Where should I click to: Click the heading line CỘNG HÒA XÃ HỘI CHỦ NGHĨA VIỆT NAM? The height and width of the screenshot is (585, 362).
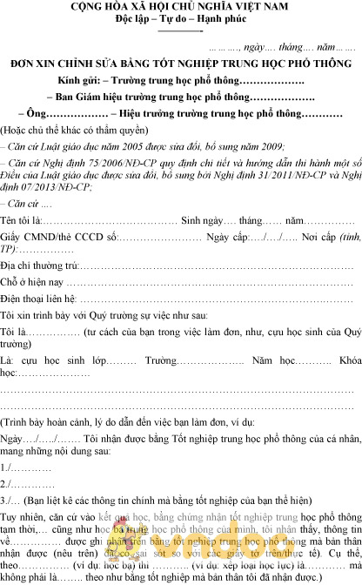[x=182, y=8]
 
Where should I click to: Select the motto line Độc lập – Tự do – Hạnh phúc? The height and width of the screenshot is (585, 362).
[x=182, y=20]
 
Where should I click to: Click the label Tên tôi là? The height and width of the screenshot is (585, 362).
[x=20, y=221]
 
